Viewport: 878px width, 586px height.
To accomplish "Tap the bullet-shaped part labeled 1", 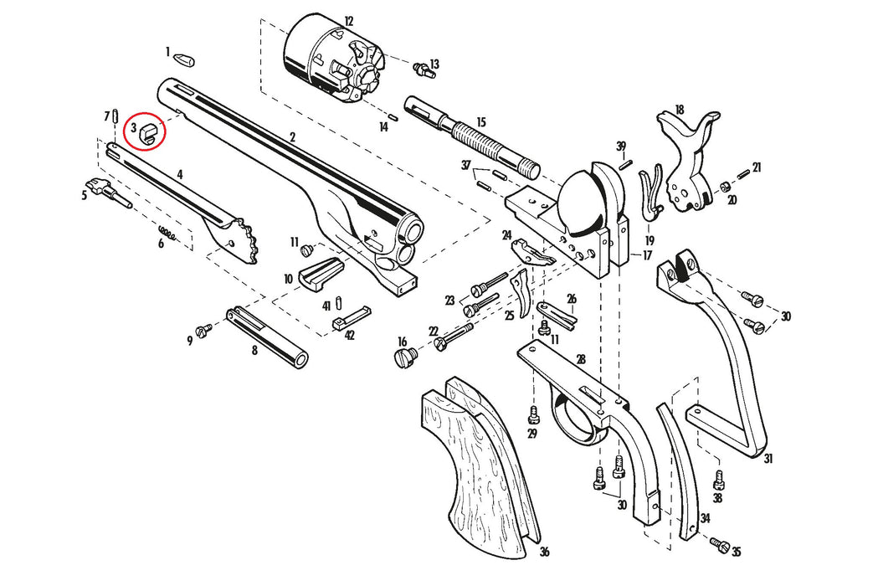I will [x=182, y=59].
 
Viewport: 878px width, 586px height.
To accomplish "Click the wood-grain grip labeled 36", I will [x=473, y=469].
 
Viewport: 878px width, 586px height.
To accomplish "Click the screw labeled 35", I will [x=719, y=544].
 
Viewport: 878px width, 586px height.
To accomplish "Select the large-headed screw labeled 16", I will [x=404, y=358].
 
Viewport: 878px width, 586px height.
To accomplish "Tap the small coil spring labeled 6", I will [x=168, y=234].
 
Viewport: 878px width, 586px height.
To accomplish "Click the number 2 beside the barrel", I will [x=293, y=136].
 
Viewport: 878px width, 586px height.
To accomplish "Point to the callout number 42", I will [x=349, y=336].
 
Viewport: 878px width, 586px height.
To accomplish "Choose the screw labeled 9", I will [x=202, y=331].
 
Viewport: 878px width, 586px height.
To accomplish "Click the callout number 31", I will [x=768, y=458].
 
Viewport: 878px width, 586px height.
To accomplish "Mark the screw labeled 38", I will [x=718, y=481].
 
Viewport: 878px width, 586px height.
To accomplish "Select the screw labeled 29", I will [x=533, y=414].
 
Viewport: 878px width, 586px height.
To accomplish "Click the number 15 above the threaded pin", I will [x=480, y=122].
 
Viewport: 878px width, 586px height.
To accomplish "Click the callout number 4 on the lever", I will [x=180, y=176].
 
